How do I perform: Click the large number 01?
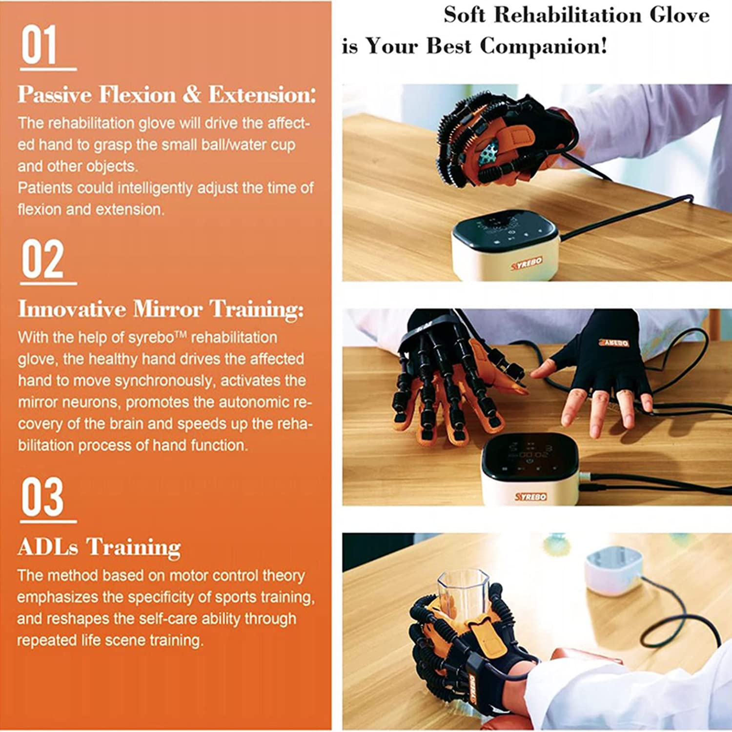tap(39, 45)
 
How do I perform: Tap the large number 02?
tap(42, 259)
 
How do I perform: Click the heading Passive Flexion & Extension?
tap(166, 95)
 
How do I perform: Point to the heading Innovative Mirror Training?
tap(161, 309)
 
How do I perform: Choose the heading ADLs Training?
tap(99, 547)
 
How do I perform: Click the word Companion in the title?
tap(543, 46)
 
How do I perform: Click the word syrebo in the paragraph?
tap(150, 338)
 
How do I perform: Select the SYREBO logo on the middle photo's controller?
tap(530, 497)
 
